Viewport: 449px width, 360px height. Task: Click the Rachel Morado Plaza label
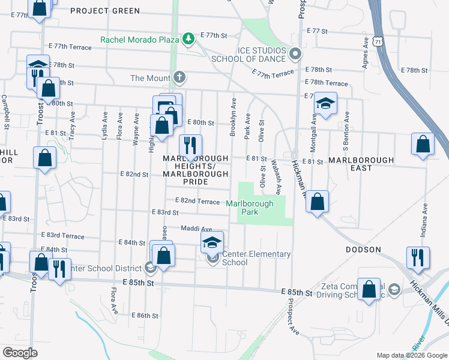click(140, 40)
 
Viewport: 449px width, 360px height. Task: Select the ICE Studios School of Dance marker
click(295, 55)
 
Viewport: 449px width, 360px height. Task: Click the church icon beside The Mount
click(179, 78)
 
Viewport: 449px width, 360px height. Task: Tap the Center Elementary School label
click(256, 258)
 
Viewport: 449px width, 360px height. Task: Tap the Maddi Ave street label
click(197, 229)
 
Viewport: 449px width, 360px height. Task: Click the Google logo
click(20, 353)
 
